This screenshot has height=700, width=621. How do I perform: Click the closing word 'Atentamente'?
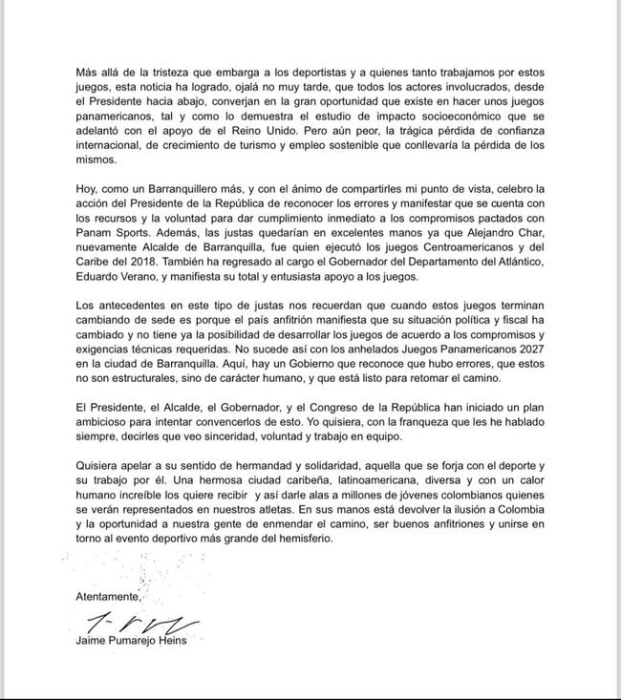click(107, 597)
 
